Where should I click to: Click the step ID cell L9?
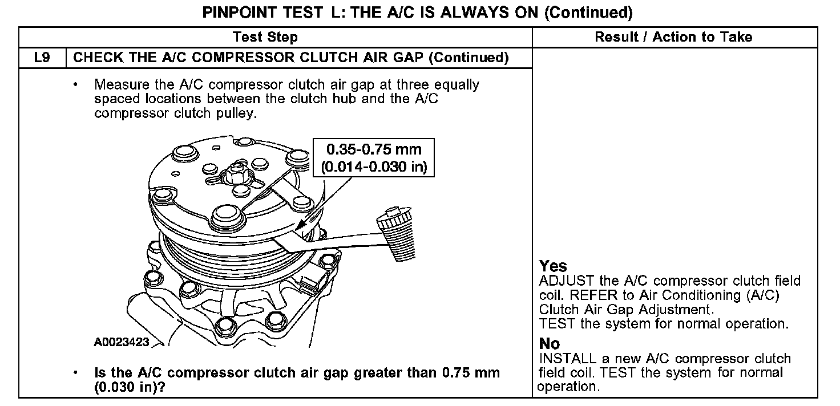pos(43,58)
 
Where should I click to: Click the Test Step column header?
pos(265,38)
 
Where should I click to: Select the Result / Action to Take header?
pos(673,38)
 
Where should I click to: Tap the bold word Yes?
pos(553,266)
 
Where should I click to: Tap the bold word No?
pos(550,344)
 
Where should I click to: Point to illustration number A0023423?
pos(122,342)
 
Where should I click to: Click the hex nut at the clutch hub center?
pos(236,172)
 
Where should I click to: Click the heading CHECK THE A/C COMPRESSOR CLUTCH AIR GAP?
pos(291,58)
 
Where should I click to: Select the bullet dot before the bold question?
pos(75,374)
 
